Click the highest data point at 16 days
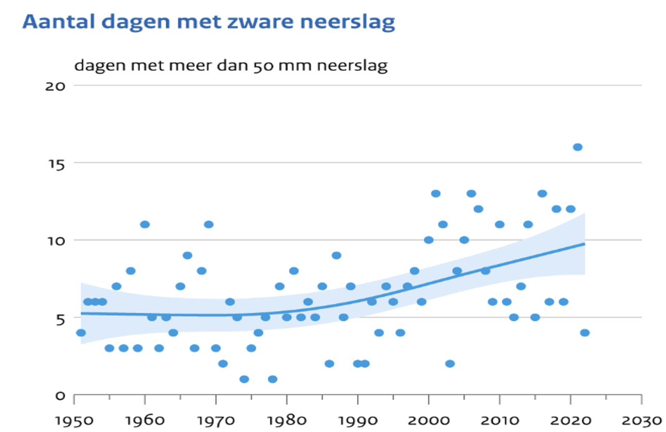coord(578,147)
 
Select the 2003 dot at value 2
coord(450,363)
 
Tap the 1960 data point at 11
coord(145,224)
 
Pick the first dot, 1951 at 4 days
coord(81,333)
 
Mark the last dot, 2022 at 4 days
coord(584,333)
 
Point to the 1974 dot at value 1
coord(244,379)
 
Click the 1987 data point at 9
coord(336,255)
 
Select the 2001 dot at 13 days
coord(436,193)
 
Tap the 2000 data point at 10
coord(429,240)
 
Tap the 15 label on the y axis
coord(56,163)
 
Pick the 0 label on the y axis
coord(60,395)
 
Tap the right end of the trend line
coord(584,244)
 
